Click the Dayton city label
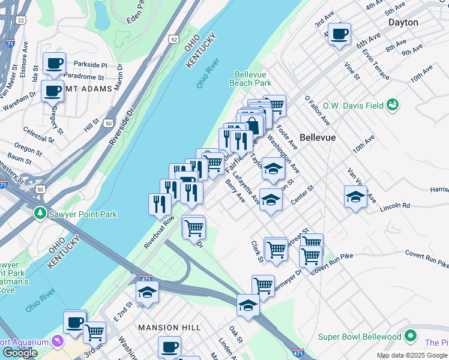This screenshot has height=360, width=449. point(403,22)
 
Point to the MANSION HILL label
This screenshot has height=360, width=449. point(166,328)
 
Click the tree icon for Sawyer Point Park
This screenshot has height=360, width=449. point(40,214)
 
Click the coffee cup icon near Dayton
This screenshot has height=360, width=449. point(339,34)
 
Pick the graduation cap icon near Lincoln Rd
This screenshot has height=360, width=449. point(355,196)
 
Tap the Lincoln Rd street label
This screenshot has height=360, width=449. point(394,206)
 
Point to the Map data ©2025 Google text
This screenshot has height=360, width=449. point(412,355)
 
